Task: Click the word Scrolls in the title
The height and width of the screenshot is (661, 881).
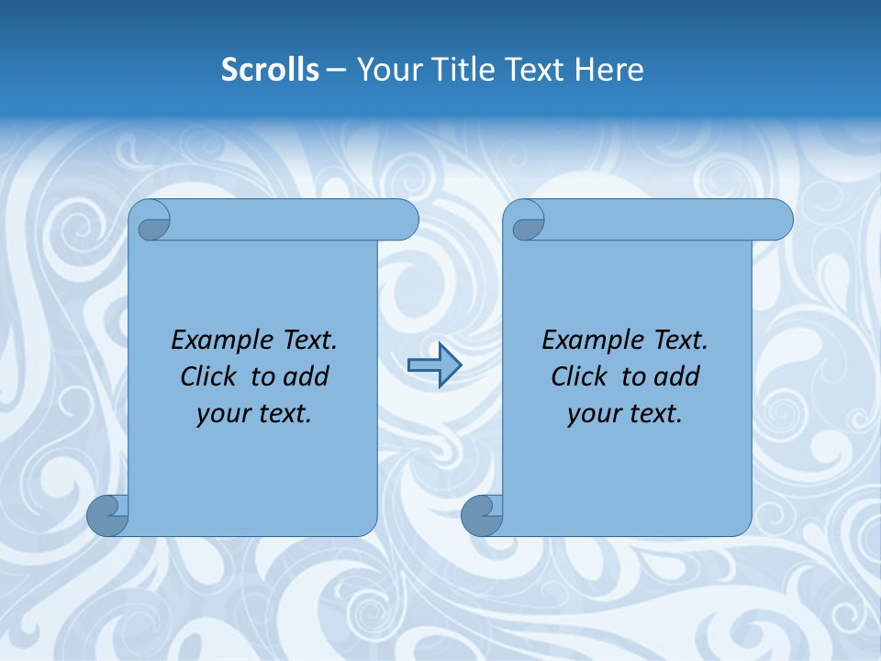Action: [270, 70]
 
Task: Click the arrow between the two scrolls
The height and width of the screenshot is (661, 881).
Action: [434, 365]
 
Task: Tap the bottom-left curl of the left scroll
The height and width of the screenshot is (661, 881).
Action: [106, 515]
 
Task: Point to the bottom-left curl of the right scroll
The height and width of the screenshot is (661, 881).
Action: [481, 515]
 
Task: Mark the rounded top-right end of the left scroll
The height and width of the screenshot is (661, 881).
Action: [405, 219]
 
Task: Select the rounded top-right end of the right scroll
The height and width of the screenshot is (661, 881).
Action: [779, 219]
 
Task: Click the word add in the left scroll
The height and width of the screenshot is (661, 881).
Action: [307, 376]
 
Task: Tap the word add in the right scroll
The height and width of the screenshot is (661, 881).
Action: [677, 376]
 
